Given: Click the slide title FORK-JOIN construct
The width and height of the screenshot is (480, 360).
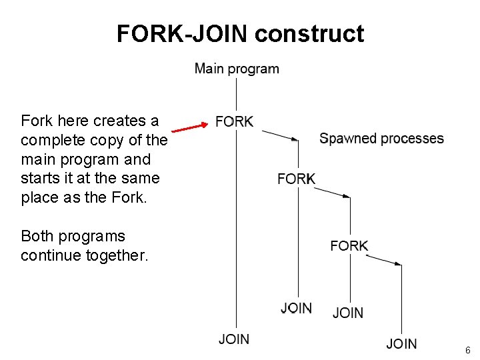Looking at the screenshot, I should [x=240, y=33].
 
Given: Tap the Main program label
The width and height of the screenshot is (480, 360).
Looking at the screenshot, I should [x=237, y=69].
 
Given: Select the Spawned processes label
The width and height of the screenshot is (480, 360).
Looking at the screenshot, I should [x=381, y=139].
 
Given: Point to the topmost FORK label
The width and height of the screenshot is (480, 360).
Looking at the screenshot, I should [x=235, y=122].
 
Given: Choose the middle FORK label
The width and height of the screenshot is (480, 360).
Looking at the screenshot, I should [x=296, y=179].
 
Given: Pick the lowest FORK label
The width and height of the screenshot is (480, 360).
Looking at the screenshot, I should [x=349, y=245].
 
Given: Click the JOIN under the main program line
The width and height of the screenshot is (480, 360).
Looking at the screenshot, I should [x=234, y=339].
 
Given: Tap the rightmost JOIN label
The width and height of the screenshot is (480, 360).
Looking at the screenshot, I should [x=401, y=344].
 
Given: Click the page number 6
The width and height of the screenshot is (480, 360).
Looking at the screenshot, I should [x=468, y=350].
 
